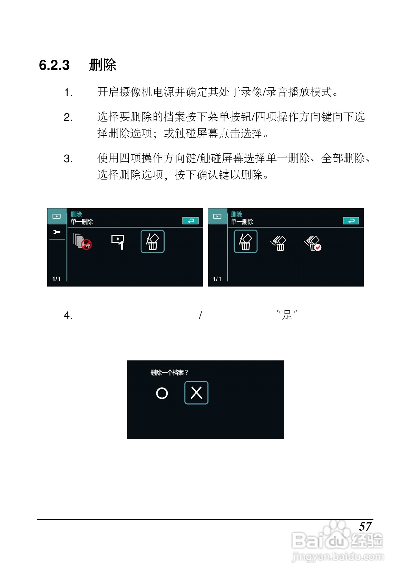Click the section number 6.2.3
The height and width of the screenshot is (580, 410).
54,65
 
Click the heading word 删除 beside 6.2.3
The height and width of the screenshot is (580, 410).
102,65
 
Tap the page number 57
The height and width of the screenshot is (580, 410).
365,526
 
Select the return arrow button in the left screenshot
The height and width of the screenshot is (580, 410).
190,221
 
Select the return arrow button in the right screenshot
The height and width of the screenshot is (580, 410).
351,221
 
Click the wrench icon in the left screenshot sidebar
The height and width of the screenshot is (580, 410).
57,232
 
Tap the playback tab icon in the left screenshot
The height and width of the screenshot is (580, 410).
57,216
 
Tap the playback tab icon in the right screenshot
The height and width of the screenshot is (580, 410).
217,216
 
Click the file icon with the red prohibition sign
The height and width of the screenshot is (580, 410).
82,241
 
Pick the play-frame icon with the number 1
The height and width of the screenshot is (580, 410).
118,242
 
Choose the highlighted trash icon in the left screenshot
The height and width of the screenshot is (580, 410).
153,241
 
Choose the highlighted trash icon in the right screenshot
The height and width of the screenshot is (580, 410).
246,241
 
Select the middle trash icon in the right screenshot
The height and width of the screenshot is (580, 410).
279,243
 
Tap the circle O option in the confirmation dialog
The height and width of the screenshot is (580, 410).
162,393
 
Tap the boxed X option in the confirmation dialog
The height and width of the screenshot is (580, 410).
196,393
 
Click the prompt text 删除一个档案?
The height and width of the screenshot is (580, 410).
169,373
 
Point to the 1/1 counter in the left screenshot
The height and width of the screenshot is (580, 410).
57,279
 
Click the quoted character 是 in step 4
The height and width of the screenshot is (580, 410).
287,315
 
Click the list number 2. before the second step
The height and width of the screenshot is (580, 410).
68,117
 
